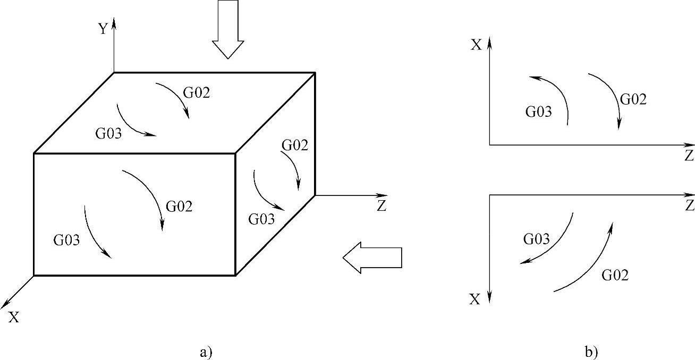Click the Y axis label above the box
pos(103,29)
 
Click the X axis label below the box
pos(14,318)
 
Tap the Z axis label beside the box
pos(381,207)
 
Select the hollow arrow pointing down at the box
pos(227,29)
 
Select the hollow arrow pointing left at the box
pos(372,258)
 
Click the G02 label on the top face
pos(197,92)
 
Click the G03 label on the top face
pos(109,133)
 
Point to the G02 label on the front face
pos(179,207)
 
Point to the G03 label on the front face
pos(66,240)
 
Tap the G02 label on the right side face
pos(295,145)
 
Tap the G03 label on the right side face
pos(261,218)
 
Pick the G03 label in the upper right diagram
pos(539,112)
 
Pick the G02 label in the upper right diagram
pos(633,99)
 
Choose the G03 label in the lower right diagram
pos(536,239)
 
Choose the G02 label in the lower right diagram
pos(615,275)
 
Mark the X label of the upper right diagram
pos(476,45)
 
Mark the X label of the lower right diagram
pos(475,300)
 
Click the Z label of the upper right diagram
pos(689,156)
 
